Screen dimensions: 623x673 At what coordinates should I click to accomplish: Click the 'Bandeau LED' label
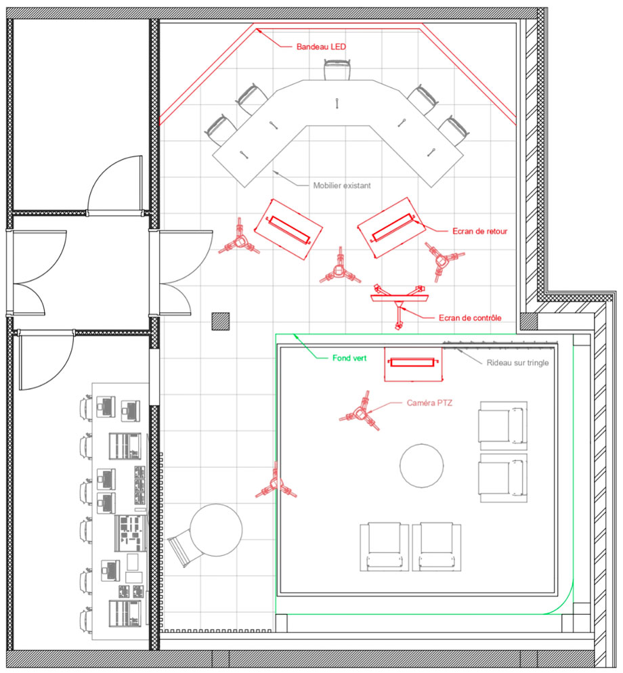click(321, 46)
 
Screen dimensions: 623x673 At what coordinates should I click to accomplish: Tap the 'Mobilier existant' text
click(342, 186)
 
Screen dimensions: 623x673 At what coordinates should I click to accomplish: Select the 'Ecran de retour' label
click(479, 231)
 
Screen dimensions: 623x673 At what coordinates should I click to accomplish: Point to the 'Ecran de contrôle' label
click(470, 318)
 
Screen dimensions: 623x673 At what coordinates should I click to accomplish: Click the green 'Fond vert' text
click(349, 357)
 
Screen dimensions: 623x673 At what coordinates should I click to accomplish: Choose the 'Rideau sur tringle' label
click(517, 363)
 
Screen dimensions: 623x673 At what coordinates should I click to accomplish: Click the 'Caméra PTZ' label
click(429, 403)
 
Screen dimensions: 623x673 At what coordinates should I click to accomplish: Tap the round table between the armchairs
click(422, 466)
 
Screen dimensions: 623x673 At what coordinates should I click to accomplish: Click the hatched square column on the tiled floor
click(221, 321)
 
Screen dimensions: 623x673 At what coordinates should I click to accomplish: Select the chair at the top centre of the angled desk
click(337, 70)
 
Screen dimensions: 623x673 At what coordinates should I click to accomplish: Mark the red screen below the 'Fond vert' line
click(413, 364)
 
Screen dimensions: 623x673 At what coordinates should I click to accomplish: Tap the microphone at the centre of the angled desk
click(337, 103)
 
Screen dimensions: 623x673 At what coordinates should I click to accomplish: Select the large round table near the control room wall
click(216, 530)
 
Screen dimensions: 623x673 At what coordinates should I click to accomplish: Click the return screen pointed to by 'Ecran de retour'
click(391, 227)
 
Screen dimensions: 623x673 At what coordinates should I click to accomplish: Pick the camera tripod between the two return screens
click(340, 268)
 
